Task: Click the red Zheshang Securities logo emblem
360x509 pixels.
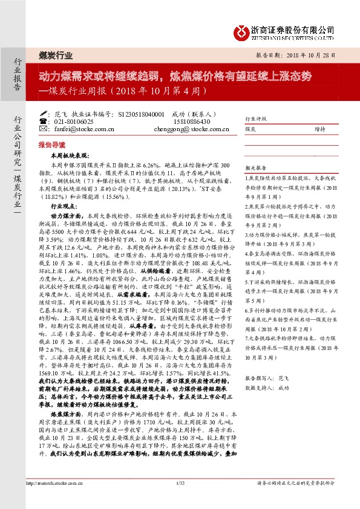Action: pos(242,30)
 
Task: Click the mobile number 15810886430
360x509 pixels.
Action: pos(191,121)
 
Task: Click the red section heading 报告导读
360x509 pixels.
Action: pos(51,146)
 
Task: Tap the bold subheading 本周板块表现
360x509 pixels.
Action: pos(70,156)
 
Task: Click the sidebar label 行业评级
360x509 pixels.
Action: pos(255,120)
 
